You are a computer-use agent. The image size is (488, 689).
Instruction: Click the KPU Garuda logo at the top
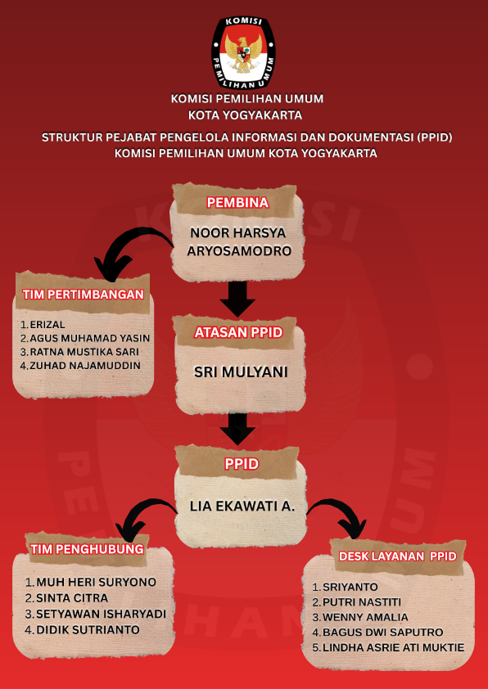pos(243,52)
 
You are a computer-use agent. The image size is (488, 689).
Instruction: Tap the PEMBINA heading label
pos(237,202)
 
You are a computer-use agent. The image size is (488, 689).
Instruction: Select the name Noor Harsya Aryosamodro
pos(239,241)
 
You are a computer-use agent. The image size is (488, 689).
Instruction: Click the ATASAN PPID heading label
pos(238,333)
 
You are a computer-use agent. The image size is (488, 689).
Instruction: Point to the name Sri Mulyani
pos(241,372)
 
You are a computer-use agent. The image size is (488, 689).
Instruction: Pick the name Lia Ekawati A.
pos(242,506)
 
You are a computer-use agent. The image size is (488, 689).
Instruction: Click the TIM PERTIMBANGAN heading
pos(83,295)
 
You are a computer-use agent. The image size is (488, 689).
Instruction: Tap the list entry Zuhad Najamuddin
pos(85,365)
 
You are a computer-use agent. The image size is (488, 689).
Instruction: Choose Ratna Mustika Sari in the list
pos(84,352)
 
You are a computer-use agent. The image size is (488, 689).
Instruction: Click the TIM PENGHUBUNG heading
pos(87,549)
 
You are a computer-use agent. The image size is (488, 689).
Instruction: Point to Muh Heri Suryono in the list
pos(96,583)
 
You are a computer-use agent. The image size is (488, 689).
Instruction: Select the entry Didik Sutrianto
pos(88,630)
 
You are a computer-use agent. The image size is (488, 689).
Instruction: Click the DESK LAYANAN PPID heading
pos(398,556)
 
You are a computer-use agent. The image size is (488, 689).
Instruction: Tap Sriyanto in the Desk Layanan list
pos(350,587)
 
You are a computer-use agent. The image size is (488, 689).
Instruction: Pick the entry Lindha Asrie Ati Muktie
pos(393,647)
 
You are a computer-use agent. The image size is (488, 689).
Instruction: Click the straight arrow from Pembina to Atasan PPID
pos(237,299)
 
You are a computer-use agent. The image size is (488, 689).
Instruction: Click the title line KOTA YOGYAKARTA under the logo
pos(246,115)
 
